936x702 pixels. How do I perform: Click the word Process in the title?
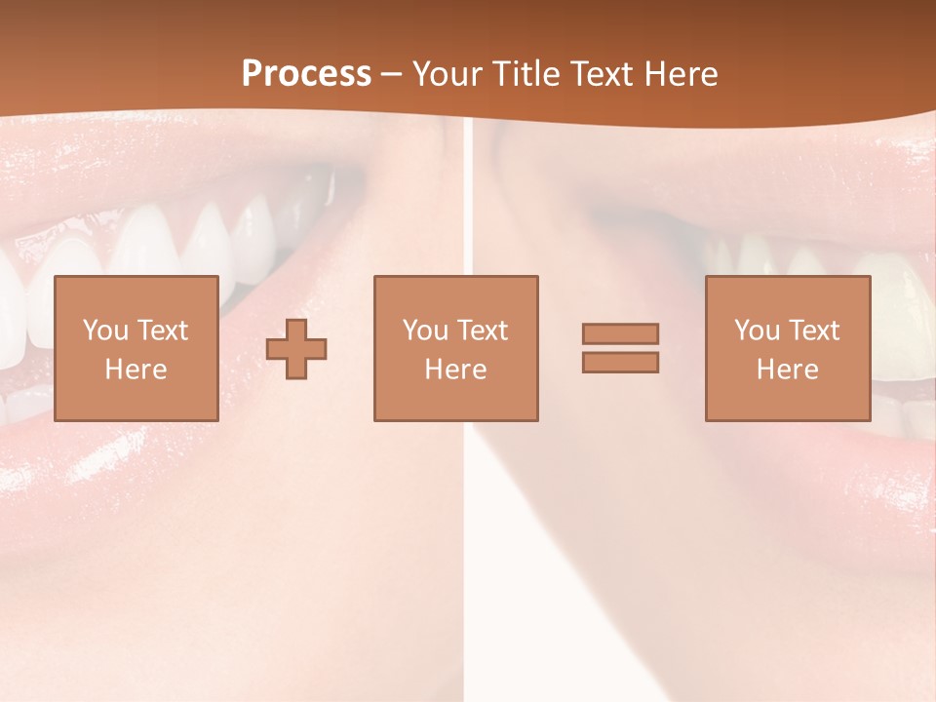tap(306, 74)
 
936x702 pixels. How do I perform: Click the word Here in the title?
tap(682, 74)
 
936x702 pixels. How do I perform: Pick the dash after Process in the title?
tap(392, 75)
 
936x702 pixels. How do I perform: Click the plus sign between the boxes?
tap(296, 348)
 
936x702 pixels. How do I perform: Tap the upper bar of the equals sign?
tap(620, 333)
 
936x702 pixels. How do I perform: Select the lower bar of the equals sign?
tap(620, 362)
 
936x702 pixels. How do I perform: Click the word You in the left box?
tap(105, 331)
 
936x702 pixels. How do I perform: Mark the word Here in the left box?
tap(136, 370)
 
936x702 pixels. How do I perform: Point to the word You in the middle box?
tap(425, 331)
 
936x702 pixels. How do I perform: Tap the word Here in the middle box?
tap(455, 370)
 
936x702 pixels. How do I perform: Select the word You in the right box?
tap(757, 331)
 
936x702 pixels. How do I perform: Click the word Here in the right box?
tap(787, 370)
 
